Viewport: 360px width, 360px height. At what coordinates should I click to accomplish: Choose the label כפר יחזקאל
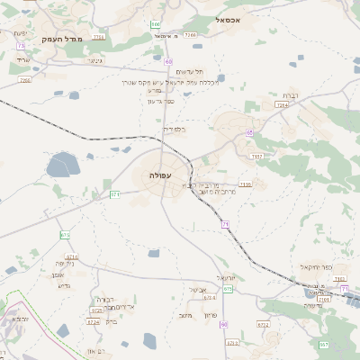tap(316, 266)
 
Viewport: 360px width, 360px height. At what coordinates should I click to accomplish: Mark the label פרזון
tap(211, 314)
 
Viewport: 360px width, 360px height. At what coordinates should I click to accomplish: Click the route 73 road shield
tap(20, 44)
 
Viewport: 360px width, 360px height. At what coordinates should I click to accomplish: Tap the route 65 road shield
tap(248, 133)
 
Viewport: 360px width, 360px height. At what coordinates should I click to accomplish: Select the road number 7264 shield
tap(283, 105)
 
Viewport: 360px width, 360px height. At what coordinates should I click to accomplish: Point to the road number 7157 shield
tap(257, 157)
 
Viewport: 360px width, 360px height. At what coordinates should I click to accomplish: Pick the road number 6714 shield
tap(72, 256)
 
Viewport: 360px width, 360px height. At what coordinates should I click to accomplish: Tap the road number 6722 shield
tap(263, 324)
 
